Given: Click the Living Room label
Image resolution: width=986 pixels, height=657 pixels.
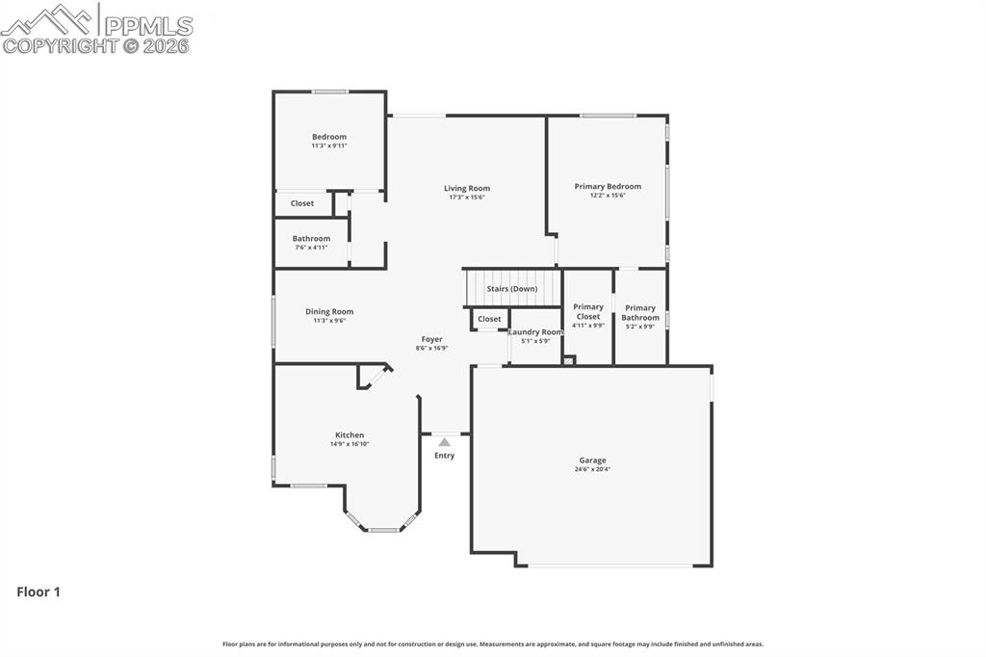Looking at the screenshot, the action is (x=467, y=188).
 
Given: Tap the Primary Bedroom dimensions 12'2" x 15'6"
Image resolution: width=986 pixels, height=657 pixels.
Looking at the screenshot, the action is (x=608, y=196).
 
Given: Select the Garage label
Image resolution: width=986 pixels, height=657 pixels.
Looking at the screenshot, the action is (x=592, y=460).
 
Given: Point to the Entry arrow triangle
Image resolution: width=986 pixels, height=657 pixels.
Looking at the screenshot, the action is (x=445, y=442).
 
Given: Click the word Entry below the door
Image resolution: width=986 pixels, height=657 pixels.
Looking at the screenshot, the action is (x=444, y=456).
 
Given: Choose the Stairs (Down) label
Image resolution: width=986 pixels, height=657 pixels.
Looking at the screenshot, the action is (x=512, y=289).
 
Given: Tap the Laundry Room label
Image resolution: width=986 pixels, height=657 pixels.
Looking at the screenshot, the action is (x=535, y=332).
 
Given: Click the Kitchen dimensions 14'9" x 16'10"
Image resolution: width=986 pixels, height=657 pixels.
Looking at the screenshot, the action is (x=350, y=444).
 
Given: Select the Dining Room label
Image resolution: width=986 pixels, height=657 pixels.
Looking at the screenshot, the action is (x=329, y=311).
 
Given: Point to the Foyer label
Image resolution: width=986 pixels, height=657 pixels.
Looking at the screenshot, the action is (x=432, y=339).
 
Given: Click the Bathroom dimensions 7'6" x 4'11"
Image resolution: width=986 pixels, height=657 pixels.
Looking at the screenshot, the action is (x=311, y=248).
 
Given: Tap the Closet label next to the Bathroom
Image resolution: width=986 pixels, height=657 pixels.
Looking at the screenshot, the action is (x=301, y=203).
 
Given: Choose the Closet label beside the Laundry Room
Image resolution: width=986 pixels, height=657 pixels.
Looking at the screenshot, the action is (x=489, y=319).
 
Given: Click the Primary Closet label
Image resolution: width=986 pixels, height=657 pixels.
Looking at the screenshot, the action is (x=588, y=311).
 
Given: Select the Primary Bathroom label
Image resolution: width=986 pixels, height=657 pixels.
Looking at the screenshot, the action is (x=640, y=313).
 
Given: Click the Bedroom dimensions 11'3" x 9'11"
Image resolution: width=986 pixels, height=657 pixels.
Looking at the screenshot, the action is (x=329, y=146).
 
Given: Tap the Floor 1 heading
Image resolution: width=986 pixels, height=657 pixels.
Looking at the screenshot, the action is (x=39, y=591).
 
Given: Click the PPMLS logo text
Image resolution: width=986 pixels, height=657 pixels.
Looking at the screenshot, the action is (x=148, y=26).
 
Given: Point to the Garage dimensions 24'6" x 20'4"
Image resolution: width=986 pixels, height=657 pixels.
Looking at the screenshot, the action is (x=592, y=469).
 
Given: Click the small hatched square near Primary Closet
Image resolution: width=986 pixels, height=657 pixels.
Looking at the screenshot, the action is (x=569, y=360).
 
